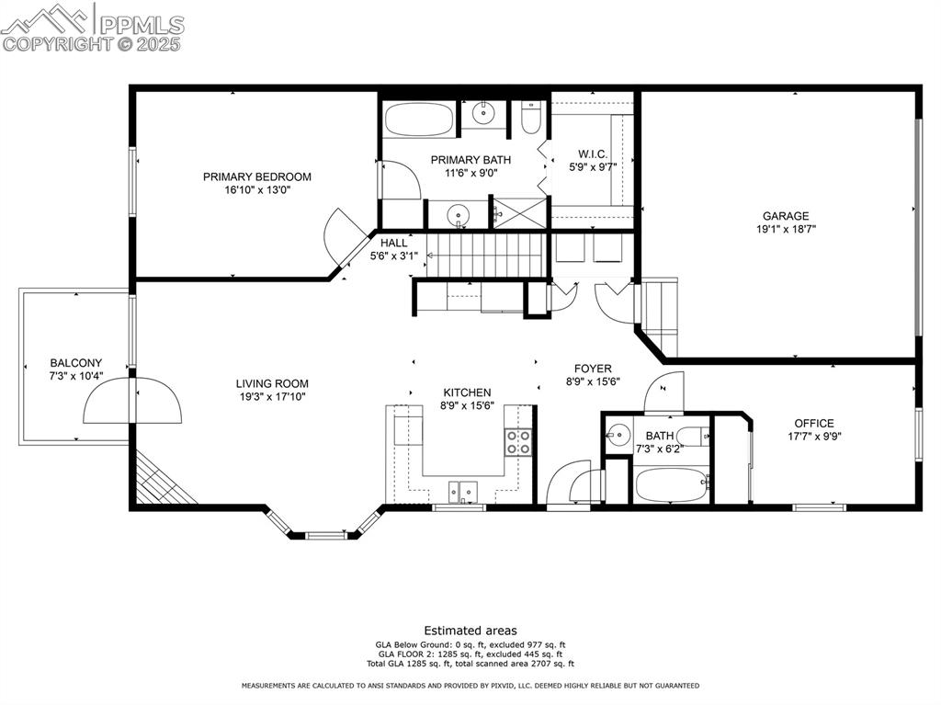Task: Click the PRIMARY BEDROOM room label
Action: [256, 176]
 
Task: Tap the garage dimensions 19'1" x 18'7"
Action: [785, 230]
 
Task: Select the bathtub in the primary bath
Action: [418, 119]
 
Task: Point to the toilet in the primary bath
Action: [531, 117]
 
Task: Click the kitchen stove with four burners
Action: [517, 442]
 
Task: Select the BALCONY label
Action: [76, 363]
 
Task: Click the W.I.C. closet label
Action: [593, 154]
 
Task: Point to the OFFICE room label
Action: [814, 423]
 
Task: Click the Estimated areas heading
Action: [470, 631]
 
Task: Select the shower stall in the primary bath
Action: [518, 212]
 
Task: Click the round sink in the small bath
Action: [619, 433]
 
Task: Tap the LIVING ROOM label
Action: [272, 383]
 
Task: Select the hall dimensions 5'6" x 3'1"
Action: [394, 256]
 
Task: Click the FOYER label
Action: [594, 369]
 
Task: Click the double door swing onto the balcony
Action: [133, 400]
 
